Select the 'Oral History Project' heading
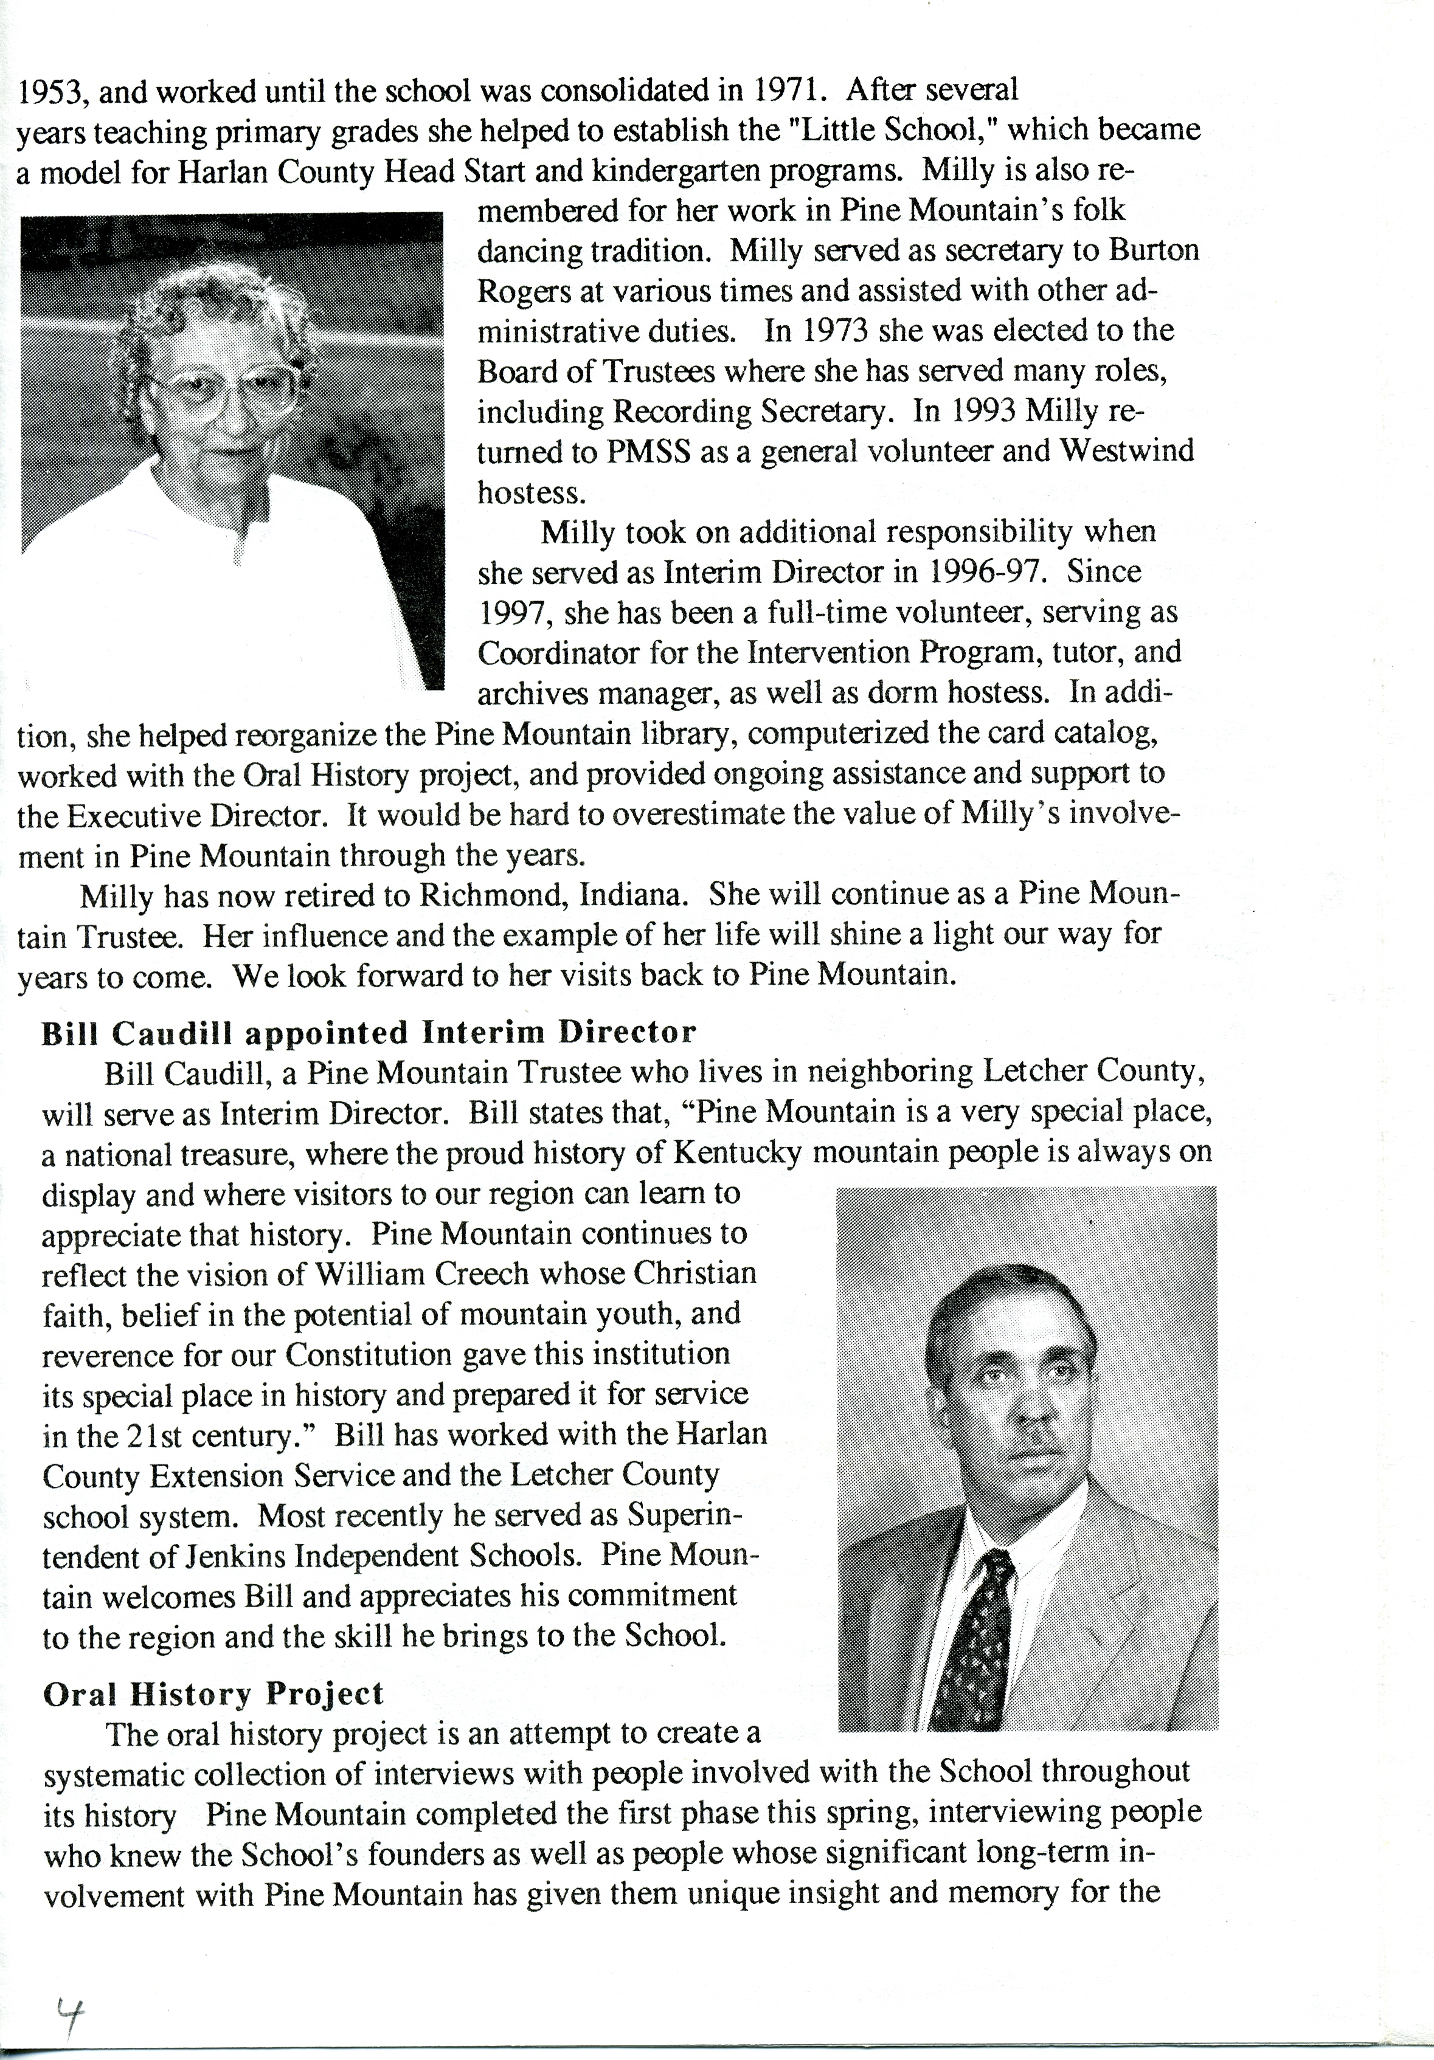tap(213, 1693)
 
